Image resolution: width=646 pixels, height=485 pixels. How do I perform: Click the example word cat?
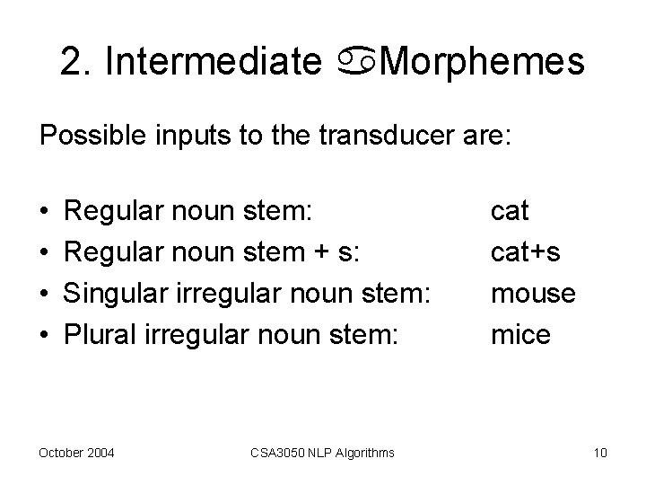click(x=510, y=212)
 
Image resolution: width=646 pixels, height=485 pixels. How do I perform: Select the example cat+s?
click(x=526, y=253)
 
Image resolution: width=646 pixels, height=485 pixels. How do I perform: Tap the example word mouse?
click(x=533, y=295)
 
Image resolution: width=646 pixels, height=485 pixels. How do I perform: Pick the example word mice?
click(x=519, y=336)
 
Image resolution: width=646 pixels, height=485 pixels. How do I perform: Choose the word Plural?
click(x=98, y=336)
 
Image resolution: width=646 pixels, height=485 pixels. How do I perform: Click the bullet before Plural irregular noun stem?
click(x=44, y=337)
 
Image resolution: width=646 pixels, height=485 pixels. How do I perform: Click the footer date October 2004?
click(x=76, y=453)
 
